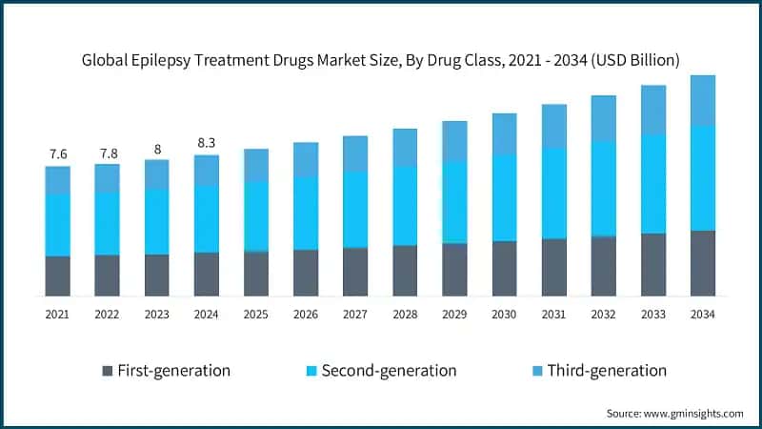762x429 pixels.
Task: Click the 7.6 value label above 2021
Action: (x=58, y=154)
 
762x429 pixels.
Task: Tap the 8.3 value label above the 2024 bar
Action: (x=207, y=142)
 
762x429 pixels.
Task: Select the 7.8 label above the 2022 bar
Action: (x=108, y=153)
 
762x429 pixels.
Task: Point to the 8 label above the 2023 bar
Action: (x=157, y=148)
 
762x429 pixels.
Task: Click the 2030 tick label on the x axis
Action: (x=504, y=314)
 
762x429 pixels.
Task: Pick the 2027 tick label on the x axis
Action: (x=355, y=314)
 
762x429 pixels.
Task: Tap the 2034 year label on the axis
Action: (x=702, y=314)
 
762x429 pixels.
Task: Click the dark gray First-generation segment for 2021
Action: (x=58, y=276)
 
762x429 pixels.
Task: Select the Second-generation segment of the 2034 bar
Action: (x=702, y=178)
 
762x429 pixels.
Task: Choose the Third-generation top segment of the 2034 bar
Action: (x=702, y=100)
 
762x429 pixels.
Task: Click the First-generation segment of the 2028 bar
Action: (x=405, y=270)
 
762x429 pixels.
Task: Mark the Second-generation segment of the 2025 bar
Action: (x=256, y=216)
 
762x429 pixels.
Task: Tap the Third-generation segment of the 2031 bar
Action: (x=553, y=126)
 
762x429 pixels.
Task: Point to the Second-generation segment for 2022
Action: (x=108, y=224)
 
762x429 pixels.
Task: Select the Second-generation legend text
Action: (x=389, y=370)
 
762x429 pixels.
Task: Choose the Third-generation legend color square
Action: (x=534, y=370)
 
